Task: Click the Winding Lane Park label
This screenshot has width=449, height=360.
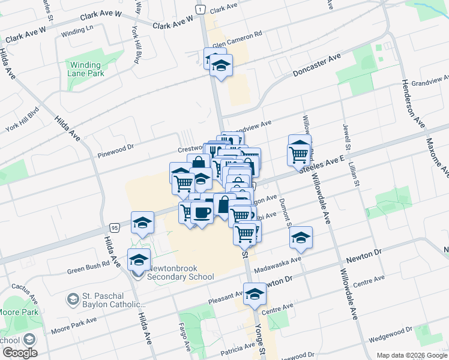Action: (x=87, y=69)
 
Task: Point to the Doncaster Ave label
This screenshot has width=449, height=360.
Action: (x=316, y=65)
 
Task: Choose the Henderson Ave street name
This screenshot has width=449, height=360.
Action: (x=412, y=103)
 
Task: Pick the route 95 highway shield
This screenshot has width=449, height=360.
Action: (x=114, y=228)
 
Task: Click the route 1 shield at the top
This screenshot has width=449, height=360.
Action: (x=199, y=8)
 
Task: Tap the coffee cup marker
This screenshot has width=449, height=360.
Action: (x=202, y=212)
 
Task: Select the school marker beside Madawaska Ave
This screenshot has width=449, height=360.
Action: (x=301, y=238)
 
